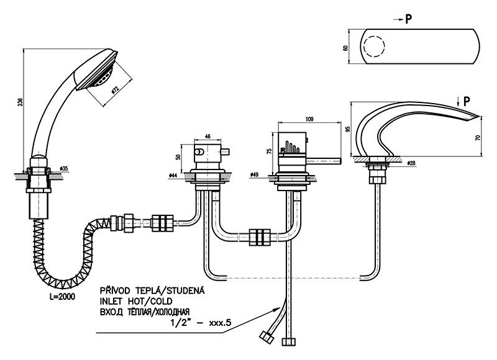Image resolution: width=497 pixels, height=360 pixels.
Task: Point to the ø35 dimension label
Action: click(64, 169)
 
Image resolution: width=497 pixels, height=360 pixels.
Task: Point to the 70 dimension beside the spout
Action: click(477, 137)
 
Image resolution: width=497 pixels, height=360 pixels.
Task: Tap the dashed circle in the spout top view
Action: click(375, 47)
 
